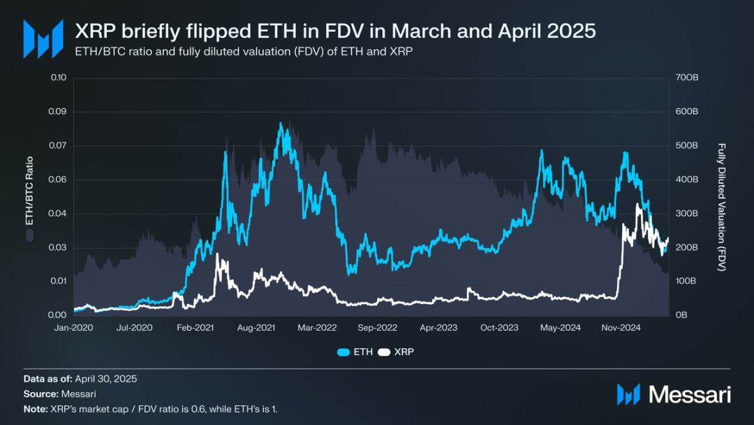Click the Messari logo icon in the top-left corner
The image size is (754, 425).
point(38,38)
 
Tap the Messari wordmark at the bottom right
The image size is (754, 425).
point(689,394)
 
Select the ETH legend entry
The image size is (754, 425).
point(355,352)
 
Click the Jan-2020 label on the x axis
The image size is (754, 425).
point(73,327)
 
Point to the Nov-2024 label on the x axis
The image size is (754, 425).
point(621,327)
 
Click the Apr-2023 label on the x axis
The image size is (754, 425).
point(438,327)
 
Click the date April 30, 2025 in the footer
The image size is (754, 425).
point(109,378)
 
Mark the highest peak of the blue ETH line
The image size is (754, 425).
point(281,124)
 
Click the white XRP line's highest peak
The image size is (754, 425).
point(637,204)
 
